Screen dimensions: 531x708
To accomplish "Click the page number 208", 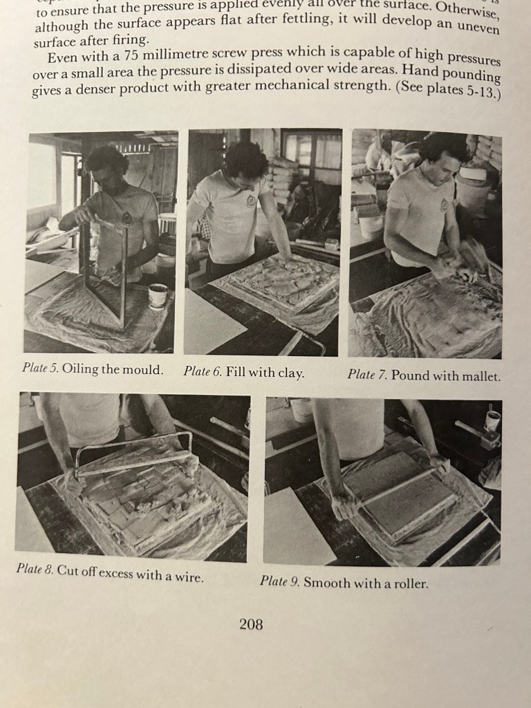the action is tap(251, 624).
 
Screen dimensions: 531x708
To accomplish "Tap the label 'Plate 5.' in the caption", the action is tap(40, 368).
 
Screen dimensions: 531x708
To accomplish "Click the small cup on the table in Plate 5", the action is tap(158, 296).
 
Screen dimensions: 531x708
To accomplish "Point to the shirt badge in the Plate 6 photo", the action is tap(250, 201).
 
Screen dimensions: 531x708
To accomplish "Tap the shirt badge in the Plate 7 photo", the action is tap(444, 205).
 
